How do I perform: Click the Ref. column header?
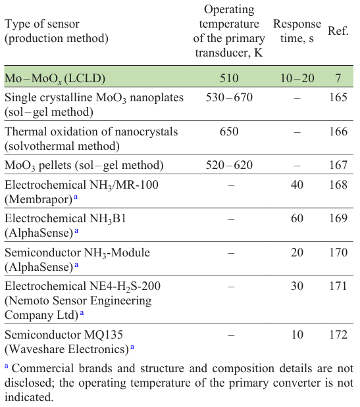coord(338,31)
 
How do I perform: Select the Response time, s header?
coord(297,31)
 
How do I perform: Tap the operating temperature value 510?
coord(229,78)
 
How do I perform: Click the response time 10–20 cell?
coord(297,78)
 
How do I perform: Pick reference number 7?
coord(338,78)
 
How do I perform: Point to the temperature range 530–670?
coord(229,98)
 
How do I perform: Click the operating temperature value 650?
coord(229,132)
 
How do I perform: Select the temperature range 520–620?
coord(229,165)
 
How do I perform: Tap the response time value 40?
coord(297,185)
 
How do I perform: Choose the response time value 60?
coord(297,218)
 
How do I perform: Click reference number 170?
coord(338,252)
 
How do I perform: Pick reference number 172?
coord(338,335)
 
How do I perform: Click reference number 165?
coord(338,98)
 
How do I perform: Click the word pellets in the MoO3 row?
coord(56,165)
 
